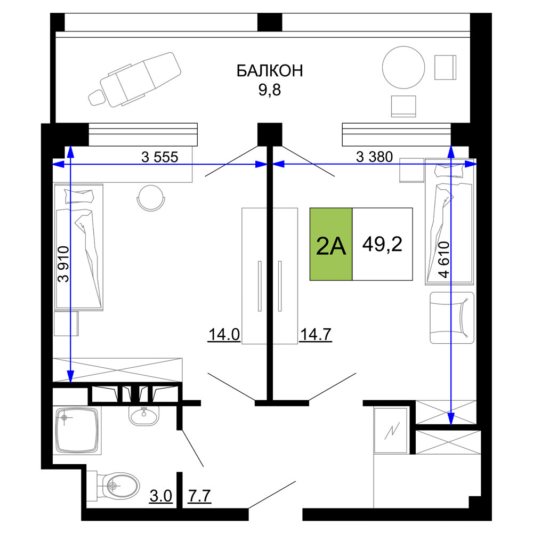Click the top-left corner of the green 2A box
(x=310, y=208)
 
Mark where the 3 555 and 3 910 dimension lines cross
(x=70, y=165)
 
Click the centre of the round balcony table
(x=403, y=67)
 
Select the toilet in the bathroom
(x=113, y=486)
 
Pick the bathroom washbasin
(x=144, y=415)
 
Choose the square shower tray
(x=77, y=431)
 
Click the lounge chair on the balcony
(x=135, y=79)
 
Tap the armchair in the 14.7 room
(x=452, y=318)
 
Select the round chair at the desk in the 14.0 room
(x=151, y=198)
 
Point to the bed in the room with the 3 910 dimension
(x=78, y=247)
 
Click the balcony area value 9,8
(x=270, y=90)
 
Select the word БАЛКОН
(x=270, y=71)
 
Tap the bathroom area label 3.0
(x=161, y=496)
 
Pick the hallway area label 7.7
(x=199, y=496)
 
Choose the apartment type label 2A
(x=331, y=246)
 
